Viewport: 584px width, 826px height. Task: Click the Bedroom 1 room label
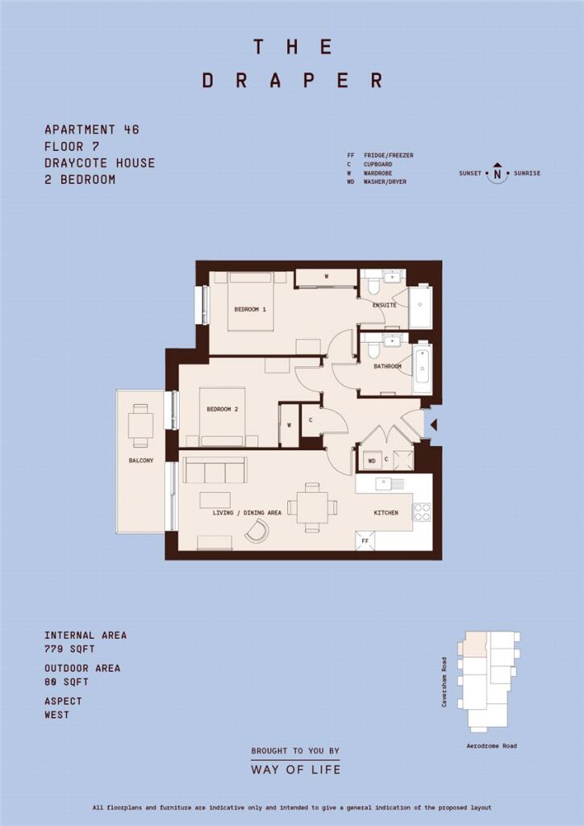click(x=249, y=310)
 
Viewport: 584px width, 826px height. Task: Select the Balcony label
click(x=141, y=461)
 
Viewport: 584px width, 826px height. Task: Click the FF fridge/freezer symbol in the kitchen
click(x=365, y=541)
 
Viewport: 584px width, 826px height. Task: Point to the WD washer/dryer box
click(x=372, y=461)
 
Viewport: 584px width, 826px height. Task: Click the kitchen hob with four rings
click(x=422, y=512)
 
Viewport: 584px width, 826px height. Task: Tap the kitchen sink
click(x=390, y=483)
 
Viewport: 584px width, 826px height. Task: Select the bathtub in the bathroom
click(x=422, y=368)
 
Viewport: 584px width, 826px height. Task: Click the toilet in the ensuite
click(x=374, y=285)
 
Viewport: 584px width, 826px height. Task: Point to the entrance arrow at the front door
click(x=434, y=424)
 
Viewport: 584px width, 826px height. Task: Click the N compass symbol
click(x=497, y=173)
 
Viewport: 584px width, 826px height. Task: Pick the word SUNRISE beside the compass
click(x=526, y=173)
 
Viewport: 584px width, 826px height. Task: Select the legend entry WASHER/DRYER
click(x=385, y=181)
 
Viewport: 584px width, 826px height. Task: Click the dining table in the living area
click(x=311, y=507)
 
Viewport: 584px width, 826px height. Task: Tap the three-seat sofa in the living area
click(x=215, y=470)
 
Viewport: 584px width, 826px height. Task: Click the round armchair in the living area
click(x=257, y=531)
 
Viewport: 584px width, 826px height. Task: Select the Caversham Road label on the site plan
click(x=444, y=682)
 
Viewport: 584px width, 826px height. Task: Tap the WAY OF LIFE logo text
click(x=295, y=770)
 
